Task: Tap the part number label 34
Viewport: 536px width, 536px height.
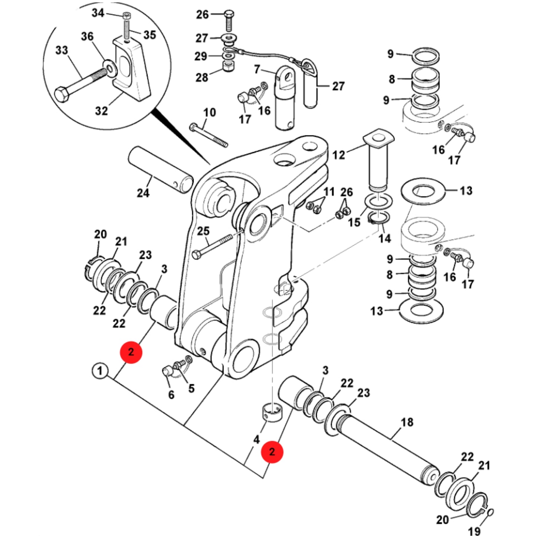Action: coord(98,13)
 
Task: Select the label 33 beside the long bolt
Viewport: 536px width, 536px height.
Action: coord(62,50)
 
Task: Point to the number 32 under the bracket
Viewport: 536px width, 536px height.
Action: coord(101,111)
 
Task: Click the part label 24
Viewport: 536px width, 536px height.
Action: coord(143,193)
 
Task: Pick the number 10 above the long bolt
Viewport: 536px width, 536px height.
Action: coord(210,112)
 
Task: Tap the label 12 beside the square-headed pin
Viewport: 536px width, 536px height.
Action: coord(339,155)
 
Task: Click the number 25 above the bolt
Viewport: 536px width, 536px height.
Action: coord(203,231)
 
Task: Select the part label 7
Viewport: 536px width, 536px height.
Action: coord(257,69)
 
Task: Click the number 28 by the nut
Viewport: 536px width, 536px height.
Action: coord(202,78)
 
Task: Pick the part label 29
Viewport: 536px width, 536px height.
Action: coord(201,56)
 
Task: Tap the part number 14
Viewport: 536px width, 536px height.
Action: coord(385,238)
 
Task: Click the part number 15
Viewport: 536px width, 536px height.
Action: coord(354,223)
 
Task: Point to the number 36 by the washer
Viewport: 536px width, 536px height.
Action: coord(87,36)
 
